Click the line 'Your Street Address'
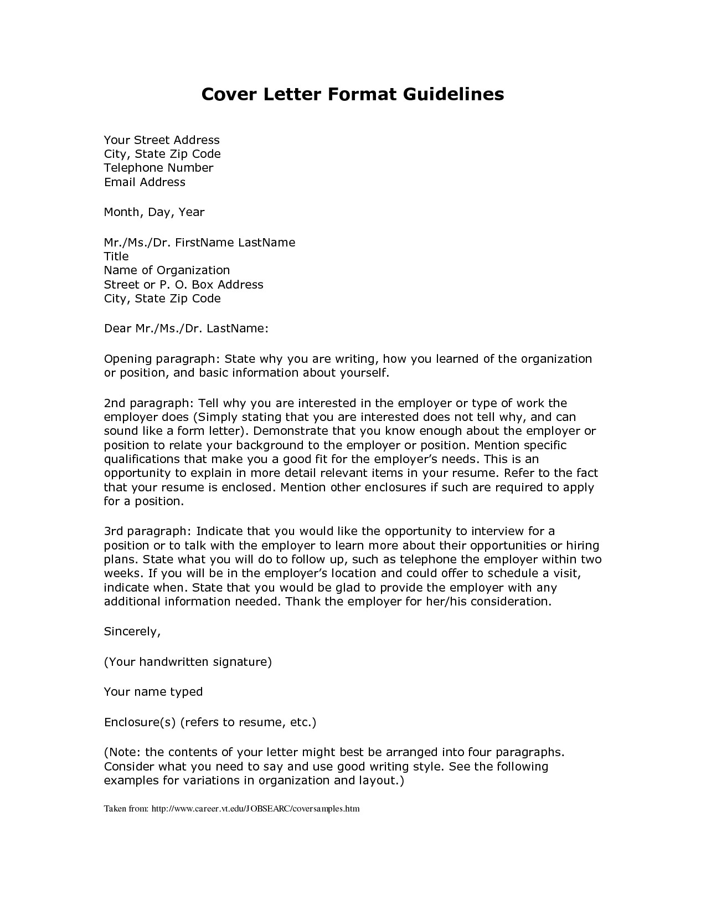tap(162, 140)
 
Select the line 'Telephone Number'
tap(158, 168)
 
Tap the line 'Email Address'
tap(145, 182)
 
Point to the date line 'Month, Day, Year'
tap(154, 212)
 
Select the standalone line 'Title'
tap(116, 256)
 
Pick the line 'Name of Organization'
tap(167, 270)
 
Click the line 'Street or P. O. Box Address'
tap(183, 285)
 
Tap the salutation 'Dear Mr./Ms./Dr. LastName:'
tap(186, 328)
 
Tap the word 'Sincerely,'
tap(132, 631)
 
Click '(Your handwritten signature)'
tap(188, 662)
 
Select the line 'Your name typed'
tap(153, 692)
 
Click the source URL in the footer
tap(255, 809)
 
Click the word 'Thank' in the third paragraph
tap(303, 602)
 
